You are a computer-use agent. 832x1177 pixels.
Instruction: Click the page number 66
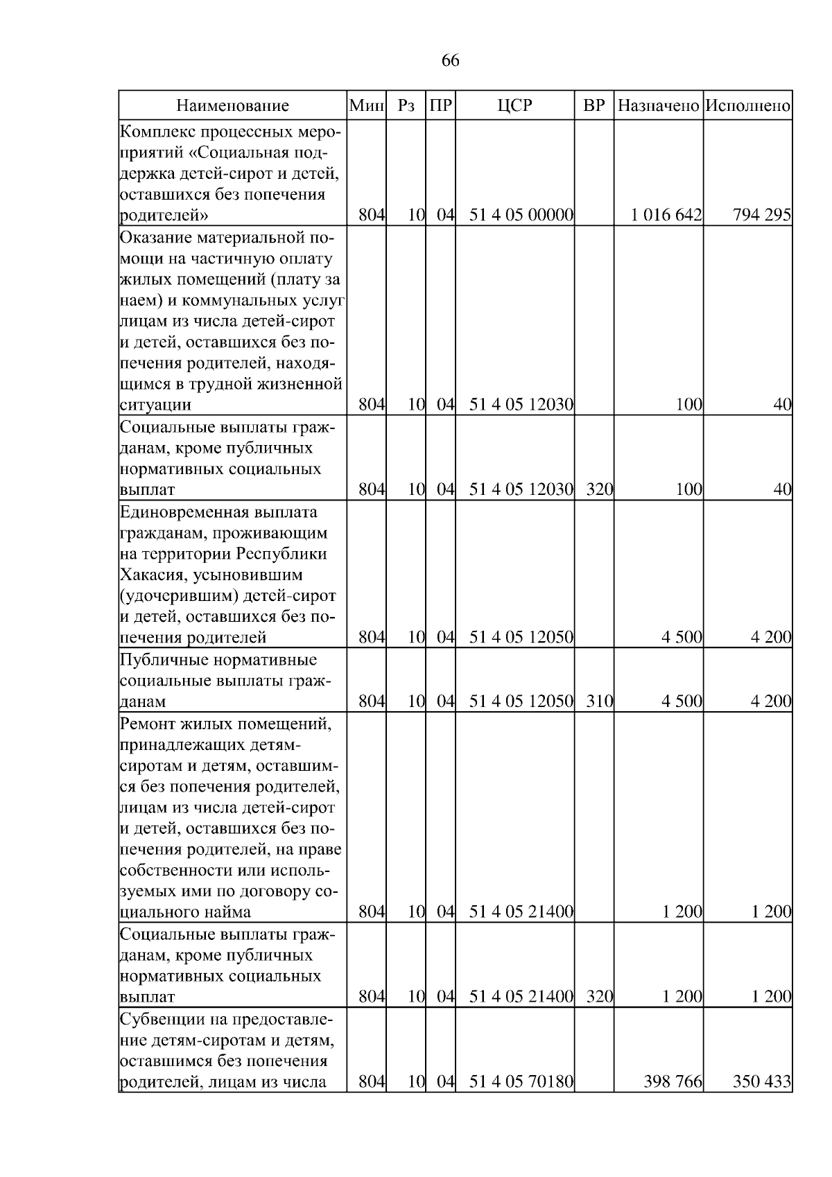tap(450, 61)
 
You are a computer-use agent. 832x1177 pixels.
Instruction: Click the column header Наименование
tap(232, 106)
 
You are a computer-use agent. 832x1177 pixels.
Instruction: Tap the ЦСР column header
tap(514, 106)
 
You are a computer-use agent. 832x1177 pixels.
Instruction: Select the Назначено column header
tap(658, 106)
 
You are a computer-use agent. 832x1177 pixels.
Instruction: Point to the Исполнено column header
tap(747, 106)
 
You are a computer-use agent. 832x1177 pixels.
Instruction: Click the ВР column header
tap(594, 106)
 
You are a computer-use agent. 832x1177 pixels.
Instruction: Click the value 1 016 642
tap(666, 215)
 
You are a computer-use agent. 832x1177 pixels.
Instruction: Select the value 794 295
tap(761, 215)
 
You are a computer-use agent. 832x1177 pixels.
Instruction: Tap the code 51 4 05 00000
tap(521, 215)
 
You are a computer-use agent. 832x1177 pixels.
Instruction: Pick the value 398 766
tap(673, 1081)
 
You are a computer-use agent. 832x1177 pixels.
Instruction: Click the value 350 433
tap(761, 1081)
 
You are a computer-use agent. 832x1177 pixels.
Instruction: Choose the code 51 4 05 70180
tap(521, 1081)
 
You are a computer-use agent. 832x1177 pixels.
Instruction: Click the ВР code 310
tap(599, 701)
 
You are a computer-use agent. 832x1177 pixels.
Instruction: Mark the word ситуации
tap(155, 405)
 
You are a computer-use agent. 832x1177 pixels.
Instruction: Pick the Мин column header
tap(367, 106)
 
